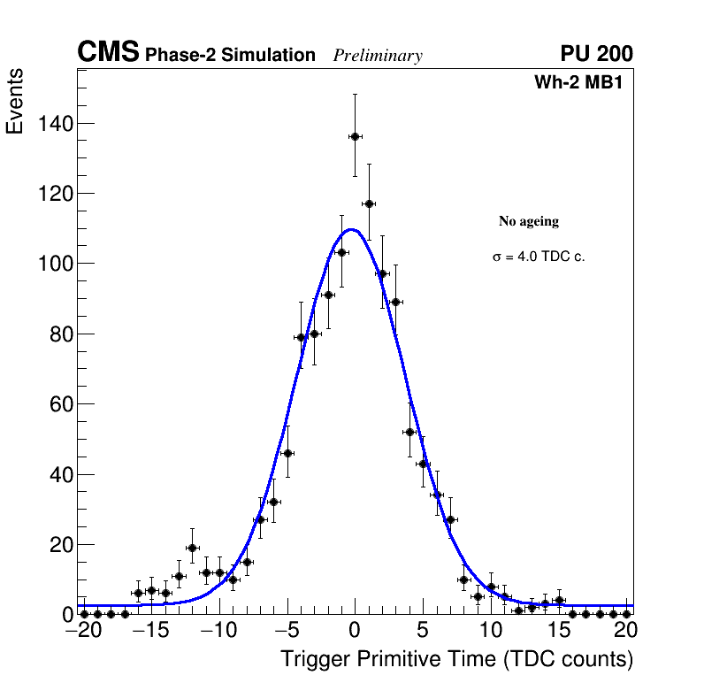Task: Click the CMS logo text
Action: point(108,53)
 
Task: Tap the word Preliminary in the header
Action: point(378,56)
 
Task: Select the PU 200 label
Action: point(596,54)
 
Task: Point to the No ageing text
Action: point(529,221)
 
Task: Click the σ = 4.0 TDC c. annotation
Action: point(539,257)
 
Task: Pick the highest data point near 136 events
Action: point(355,136)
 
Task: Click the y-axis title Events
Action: point(15,101)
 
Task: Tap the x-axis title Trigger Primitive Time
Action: point(456,660)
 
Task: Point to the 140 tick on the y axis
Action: point(55,123)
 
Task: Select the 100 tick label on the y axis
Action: point(55,264)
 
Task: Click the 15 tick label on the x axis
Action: point(559,631)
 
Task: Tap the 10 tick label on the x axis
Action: point(491,631)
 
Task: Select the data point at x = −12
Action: point(192,548)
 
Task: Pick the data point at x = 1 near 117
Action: point(369,203)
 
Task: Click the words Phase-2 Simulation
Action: point(230,56)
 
